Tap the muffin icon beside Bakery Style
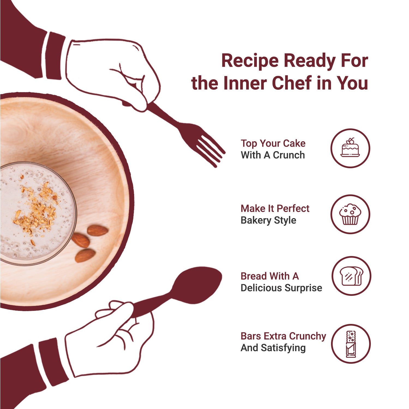click(350, 214)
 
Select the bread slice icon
click(351, 276)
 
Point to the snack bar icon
click(351, 344)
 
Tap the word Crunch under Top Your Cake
click(289, 155)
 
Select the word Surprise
click(303, 288)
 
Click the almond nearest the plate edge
click(98, 230)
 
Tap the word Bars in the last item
click(251, 336)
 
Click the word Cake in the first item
click(294, 143)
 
